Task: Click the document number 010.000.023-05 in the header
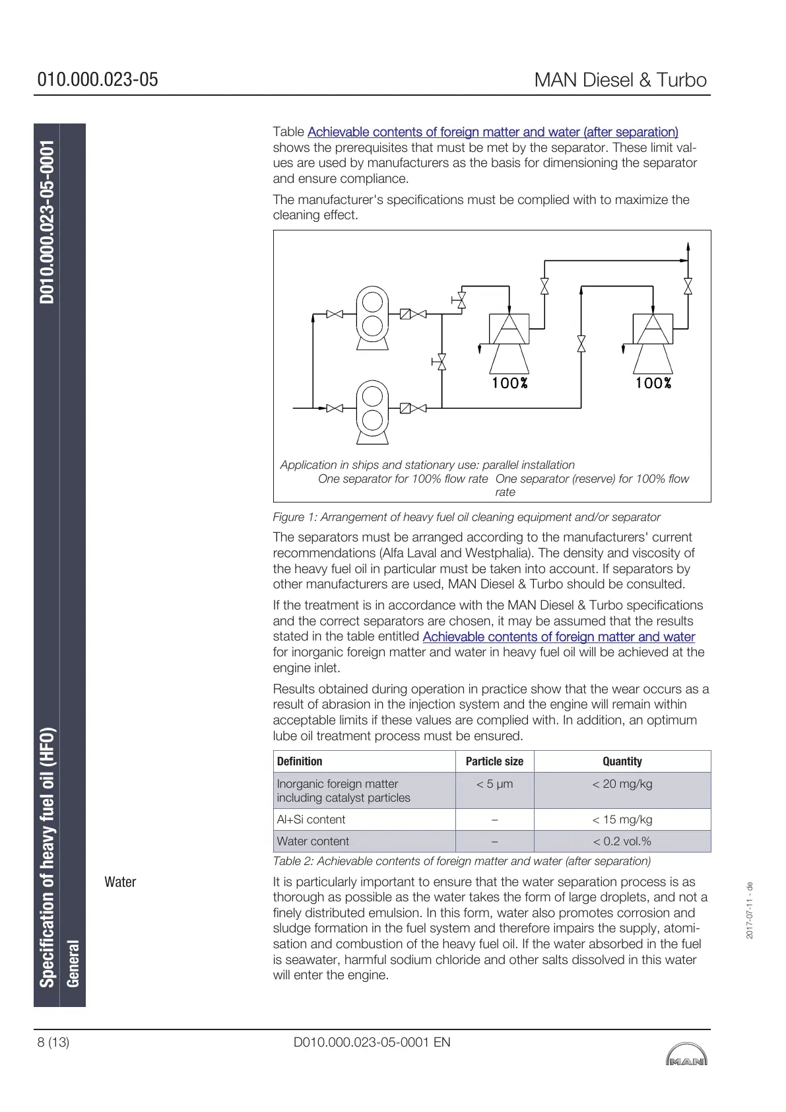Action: pos(98,80)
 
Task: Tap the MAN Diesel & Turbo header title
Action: pos(620,80)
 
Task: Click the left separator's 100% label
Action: pos(509,383)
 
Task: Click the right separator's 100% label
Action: pos(653,383)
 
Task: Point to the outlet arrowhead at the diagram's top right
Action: pos(688,247)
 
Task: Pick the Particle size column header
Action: pos(494,761)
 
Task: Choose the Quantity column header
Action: pos(622,761)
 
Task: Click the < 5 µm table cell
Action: pos(494,784)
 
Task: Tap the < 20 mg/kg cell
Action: pos(622,784)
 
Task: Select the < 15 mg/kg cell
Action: pos(622,819)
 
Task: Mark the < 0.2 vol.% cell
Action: pos(622,841)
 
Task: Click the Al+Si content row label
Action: pos(311,819)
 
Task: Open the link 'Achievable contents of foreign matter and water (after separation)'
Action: pos(492,132)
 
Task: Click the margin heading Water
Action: pos(120,882)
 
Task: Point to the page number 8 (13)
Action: pos(53,1042)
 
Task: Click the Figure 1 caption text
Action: pos(467,517)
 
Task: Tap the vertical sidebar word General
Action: pos(73,963)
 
